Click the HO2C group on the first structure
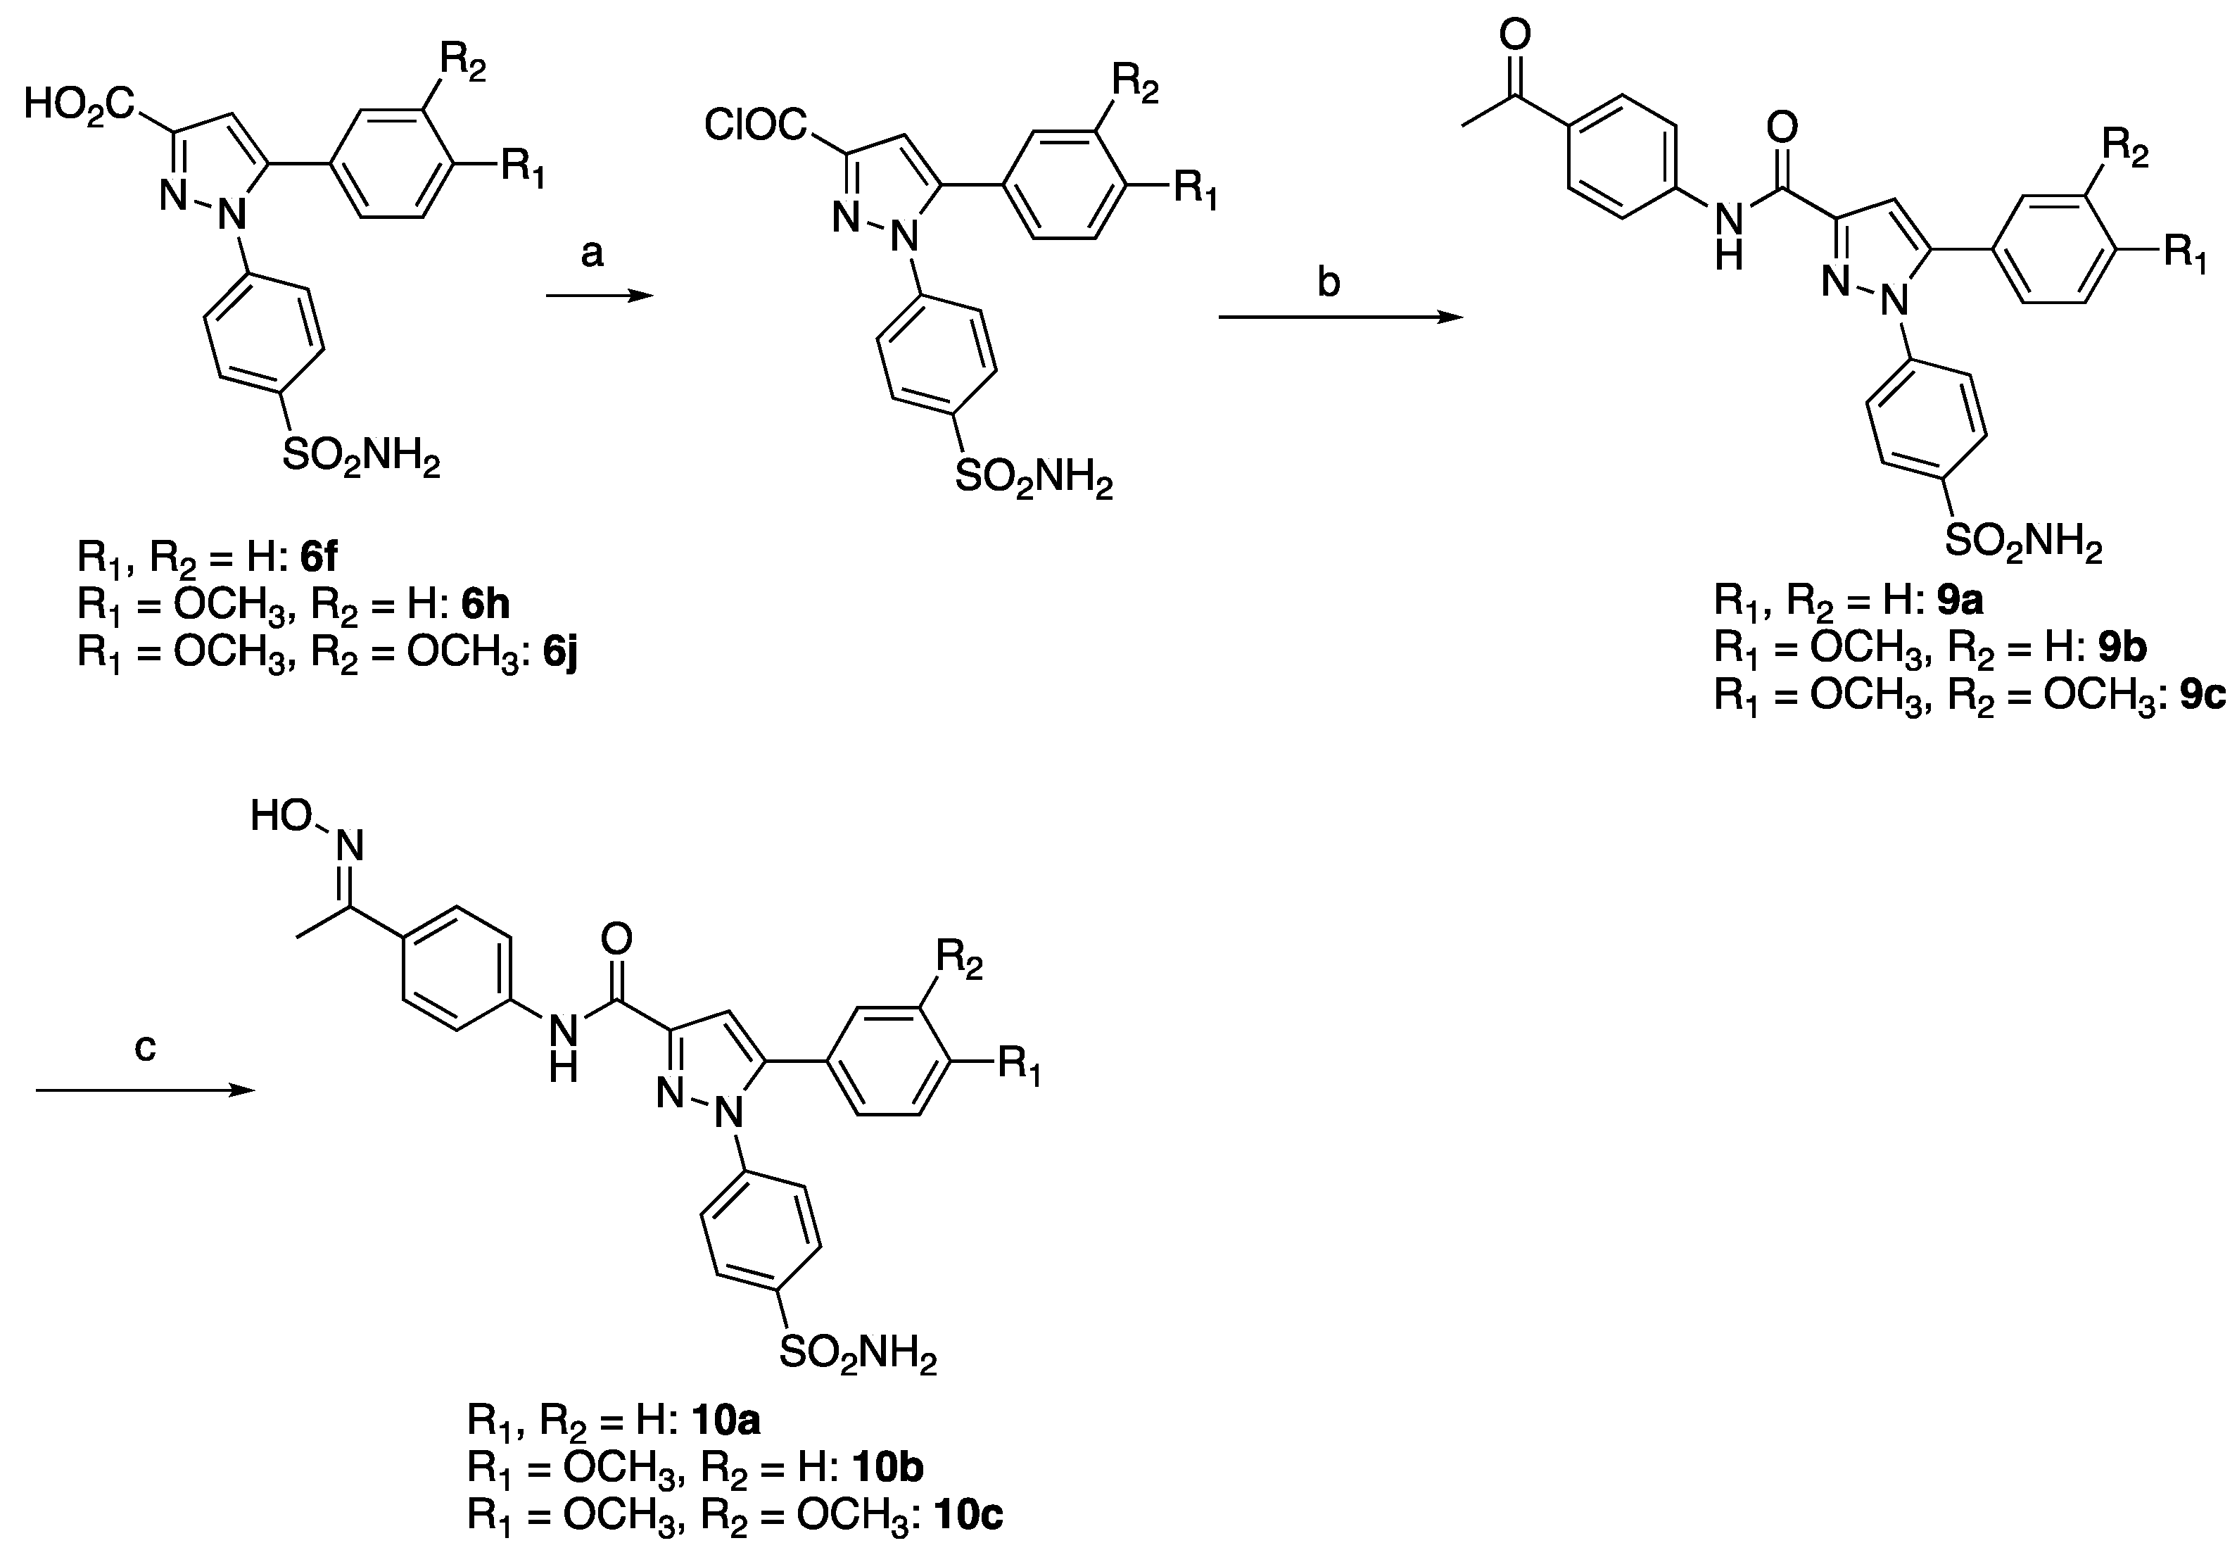click(80, 103)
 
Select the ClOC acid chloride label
click(756, 126)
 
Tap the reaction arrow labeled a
click(598, 295)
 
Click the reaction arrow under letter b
click(1340, 317)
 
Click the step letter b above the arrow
click(1329, 282)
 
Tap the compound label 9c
click(2202, 695)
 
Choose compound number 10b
click(887, 1468)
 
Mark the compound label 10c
click(968, 1516)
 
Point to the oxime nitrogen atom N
click(350, 845)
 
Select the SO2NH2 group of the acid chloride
click(1033, 479)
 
